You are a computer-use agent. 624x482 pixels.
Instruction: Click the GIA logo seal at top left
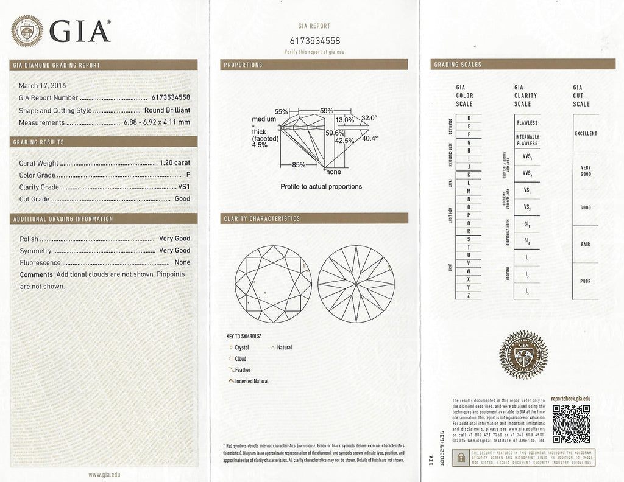(x=27, y=31)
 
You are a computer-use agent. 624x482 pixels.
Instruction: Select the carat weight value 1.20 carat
(x=174, y=163)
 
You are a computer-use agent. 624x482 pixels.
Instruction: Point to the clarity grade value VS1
(x=183, y=187)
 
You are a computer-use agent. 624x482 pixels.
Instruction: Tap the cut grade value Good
(x=182, y=198)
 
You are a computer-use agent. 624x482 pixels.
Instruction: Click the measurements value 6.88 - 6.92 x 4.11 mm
(x=157, y=122)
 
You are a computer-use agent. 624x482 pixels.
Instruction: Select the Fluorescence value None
(x=182, y=262)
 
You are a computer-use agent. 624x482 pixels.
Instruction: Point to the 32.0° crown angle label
(x=369, y=117)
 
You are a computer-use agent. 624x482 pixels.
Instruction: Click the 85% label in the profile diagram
(x=299, y=164)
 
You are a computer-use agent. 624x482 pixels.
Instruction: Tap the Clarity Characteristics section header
(x=261, y=218)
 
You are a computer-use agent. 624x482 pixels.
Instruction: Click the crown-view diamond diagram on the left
(x=273, y=284)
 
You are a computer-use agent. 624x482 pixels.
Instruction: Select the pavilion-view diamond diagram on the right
(x=356, y=284)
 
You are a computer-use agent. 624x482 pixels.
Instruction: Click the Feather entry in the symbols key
(x=243, y=370)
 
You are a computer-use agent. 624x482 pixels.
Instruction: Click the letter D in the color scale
(x=468, y=118)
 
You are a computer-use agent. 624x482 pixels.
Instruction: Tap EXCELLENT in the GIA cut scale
(x=586, y=133)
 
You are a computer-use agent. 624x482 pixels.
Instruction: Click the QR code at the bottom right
(x=570, y=424)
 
